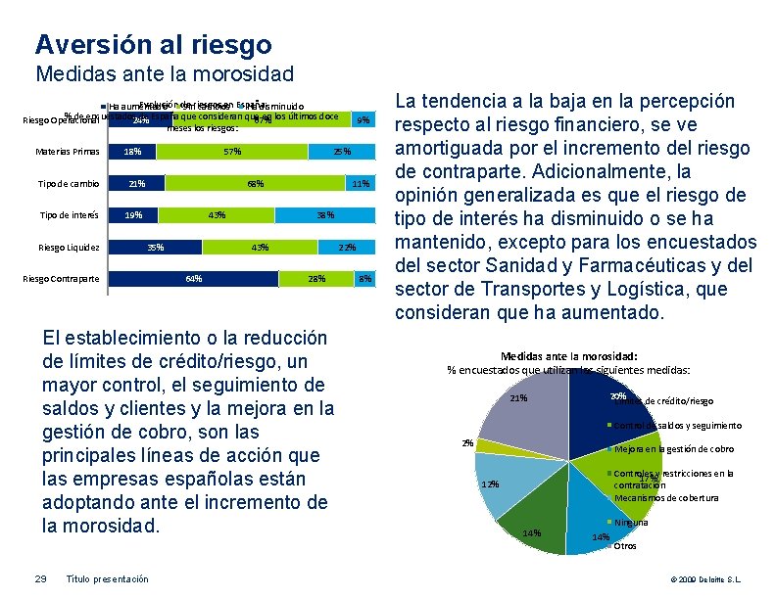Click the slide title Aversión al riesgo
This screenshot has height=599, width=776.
click(x=153, y=44)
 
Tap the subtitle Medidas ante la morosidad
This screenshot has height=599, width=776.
click(x=165, y=73)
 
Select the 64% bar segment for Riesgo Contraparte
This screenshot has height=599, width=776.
click(x=194, y=279)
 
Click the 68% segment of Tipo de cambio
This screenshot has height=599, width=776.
click(x=255, y=184)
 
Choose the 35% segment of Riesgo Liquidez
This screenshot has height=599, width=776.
click(x=155, y=248)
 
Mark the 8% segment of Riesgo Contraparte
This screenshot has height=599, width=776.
click(x=364, y=279)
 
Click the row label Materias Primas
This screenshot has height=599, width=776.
click(x=68, y=152)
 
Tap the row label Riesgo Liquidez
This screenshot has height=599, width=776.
click(x=68, y=248)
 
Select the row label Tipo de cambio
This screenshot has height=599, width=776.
click(x=70, y=184)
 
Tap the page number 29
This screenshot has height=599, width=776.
click(x=41, y=578)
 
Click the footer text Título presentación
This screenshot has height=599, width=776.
click(x=107, y=578)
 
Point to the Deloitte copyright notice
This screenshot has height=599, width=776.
click(x=705, y=579)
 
